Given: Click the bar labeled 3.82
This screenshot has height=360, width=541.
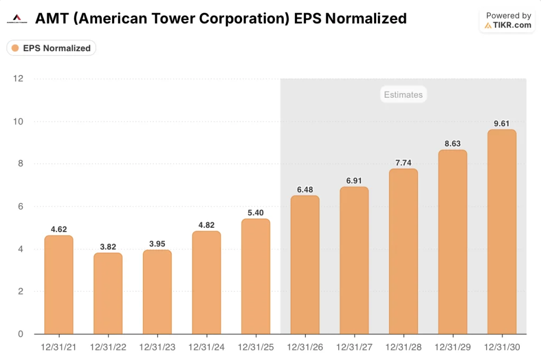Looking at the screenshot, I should point(108,293).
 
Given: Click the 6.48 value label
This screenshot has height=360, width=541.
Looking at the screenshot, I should point(305,189).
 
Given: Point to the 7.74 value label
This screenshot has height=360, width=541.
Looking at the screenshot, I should point(403,162).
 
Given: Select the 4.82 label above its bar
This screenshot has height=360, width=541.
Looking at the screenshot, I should point(207,224).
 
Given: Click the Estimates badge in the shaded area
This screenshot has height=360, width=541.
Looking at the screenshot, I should point(403,95).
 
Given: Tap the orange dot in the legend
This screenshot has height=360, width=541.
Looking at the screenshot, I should point(15,48).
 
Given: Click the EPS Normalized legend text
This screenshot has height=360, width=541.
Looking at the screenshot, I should point(57,48).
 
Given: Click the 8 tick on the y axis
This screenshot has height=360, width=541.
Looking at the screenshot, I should point(21,164).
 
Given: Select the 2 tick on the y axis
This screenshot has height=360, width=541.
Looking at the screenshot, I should point(21,291).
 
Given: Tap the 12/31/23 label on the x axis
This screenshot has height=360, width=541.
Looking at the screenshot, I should point(157,347).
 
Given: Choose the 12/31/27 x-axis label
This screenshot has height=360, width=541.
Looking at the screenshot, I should point(354,347).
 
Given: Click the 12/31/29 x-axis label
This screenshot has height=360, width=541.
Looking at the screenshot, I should point(452,347).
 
